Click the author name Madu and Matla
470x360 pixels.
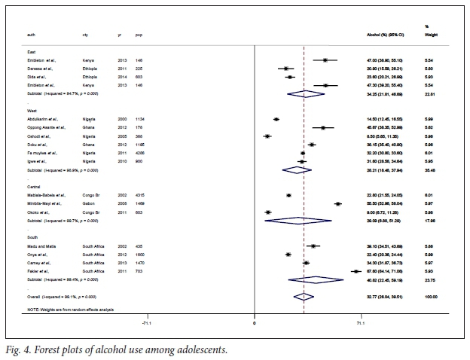click(x=42, y=246)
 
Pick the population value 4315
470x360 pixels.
click(x=141, y=194)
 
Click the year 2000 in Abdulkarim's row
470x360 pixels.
click(x=121, y=119)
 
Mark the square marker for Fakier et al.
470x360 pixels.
click(x=356, y=271)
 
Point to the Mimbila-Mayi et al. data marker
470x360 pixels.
click(x=337, y=203)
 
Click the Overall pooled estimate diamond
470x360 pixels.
click(x=303, y=297)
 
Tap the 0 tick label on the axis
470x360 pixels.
click(x=254, y=324)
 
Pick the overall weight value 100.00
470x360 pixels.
click(x=431, y=297)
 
